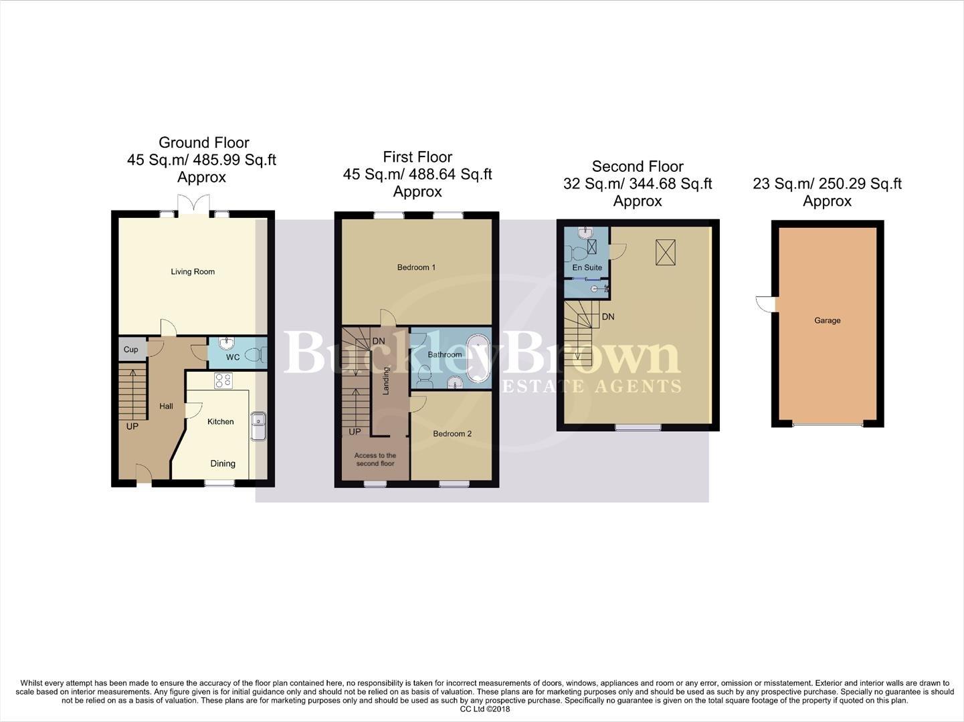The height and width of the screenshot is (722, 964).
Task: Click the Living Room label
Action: (193, 271)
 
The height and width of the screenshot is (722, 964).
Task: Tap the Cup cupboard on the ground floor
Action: (131, 349)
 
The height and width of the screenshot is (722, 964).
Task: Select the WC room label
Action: (232, 357)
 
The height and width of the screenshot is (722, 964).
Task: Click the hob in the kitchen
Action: (223, 380)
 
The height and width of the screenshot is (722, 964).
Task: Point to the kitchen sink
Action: (258, 427)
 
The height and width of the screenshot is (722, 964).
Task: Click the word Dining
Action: (223, 463)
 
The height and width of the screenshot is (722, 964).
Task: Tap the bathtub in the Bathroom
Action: (478, 358)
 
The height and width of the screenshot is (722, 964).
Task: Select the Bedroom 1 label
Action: (416, 267)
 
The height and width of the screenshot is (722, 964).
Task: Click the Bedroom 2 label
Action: (452, 433)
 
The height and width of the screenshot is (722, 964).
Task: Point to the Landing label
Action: (386, 380)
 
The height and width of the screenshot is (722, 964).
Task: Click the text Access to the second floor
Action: (375, 459)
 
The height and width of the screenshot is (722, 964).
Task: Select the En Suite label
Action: (587, 267)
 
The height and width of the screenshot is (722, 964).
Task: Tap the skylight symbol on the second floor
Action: (666, 251)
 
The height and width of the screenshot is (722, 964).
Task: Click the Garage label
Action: (827, 320)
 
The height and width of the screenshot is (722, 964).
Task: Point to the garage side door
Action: (765, 304)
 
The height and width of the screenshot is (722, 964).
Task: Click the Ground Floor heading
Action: (204, 142)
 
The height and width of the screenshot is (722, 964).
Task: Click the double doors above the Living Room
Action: (194, 204)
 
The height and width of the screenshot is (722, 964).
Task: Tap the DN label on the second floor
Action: (607, 317)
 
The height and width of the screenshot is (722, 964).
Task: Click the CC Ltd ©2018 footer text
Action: (484, 709)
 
